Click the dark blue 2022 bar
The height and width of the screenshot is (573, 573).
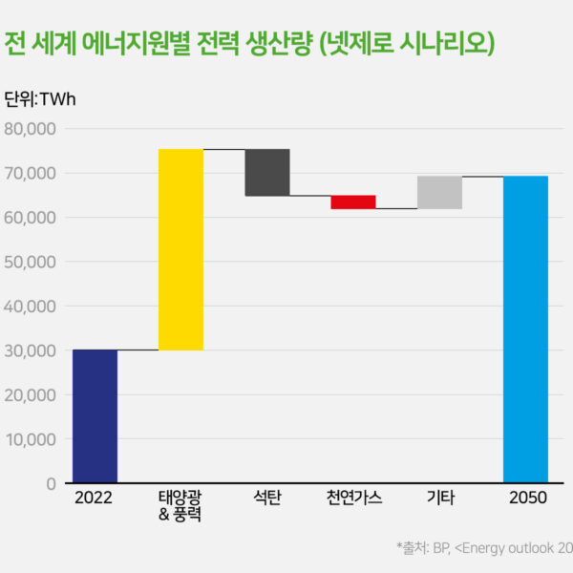coord(95,416)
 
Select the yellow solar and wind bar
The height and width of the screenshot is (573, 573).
coord(180,249)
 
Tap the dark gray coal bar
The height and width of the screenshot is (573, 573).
coord(267,172)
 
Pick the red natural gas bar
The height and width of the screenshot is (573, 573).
coord(353,202)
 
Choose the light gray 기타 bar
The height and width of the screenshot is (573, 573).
coord(439,192)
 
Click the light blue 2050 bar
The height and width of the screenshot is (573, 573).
coord(525,329)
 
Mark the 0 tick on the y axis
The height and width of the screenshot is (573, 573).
coord(50,484)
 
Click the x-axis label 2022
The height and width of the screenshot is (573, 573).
coord(95,499)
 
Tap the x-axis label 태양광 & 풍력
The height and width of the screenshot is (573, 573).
coord(180,507)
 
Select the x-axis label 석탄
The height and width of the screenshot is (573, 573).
coord(267,499)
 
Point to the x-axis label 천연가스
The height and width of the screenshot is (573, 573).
coord(353,499)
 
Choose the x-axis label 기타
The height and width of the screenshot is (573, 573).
coord(439,499)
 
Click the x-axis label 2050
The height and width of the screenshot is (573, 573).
coord(525,499)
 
